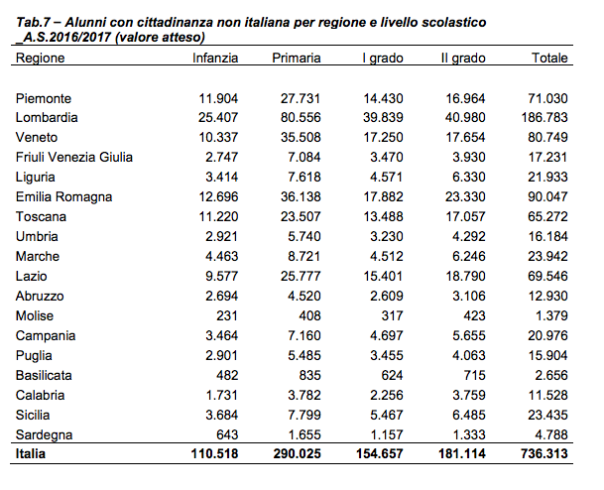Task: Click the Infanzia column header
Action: pos(215,58)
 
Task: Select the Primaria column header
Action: pos(297,58)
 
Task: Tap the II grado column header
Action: pos(463,58)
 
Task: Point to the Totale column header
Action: pos(549,58)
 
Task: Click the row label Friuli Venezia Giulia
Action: pos(74,157)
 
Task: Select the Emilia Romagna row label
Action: pos(63,196)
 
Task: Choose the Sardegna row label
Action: pos(44,434)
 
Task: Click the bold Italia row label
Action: pos(31,453)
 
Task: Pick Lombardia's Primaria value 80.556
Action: pos(301,117)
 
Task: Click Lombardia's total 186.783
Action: pos(544,117)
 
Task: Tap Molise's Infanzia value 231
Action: pos(226,315)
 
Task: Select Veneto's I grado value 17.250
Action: pos(383,138)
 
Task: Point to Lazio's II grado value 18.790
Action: pos(465,276)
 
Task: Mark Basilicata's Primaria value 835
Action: pos(309,375)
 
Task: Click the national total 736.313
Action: pos(544,453)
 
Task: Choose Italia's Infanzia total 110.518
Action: pos(214,453)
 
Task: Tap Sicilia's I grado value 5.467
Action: pos(387,415)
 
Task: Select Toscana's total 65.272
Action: pos(547,216)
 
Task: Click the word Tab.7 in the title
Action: pos(33,23)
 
